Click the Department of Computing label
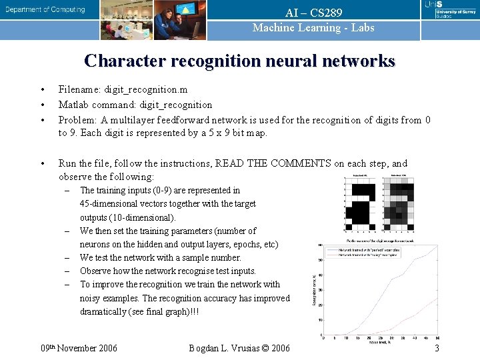click(46, 10)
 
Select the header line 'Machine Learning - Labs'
click(313, 28)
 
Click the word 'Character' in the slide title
click(125, 61)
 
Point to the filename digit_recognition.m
click(145, 89)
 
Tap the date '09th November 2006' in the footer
click(79, 348)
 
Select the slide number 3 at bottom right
click(437, 348)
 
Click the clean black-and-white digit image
click(362, 203)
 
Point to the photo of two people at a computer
click(176, 19)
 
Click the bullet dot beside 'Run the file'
click(42, 163)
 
